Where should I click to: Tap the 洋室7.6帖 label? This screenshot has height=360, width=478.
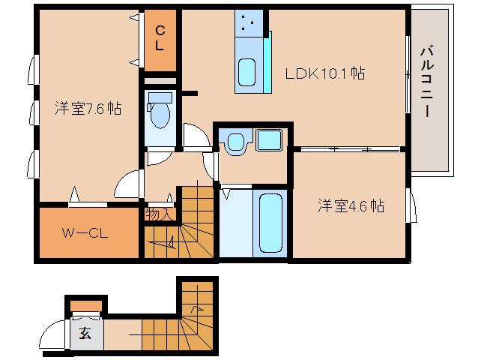click(88, 108)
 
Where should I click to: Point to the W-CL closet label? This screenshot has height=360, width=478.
click(85, 232)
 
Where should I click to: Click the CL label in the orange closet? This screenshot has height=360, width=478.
click(160, 37)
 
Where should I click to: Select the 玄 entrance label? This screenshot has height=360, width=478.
click(85, 334)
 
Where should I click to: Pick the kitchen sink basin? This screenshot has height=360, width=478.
click(247, 73)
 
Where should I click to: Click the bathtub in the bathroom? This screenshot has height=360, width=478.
click(269, 223)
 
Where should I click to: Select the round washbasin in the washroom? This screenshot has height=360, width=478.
click(235, 141)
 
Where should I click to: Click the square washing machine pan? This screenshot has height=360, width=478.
click(267, 140)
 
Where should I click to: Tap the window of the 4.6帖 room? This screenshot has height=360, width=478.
click(411, 206)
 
